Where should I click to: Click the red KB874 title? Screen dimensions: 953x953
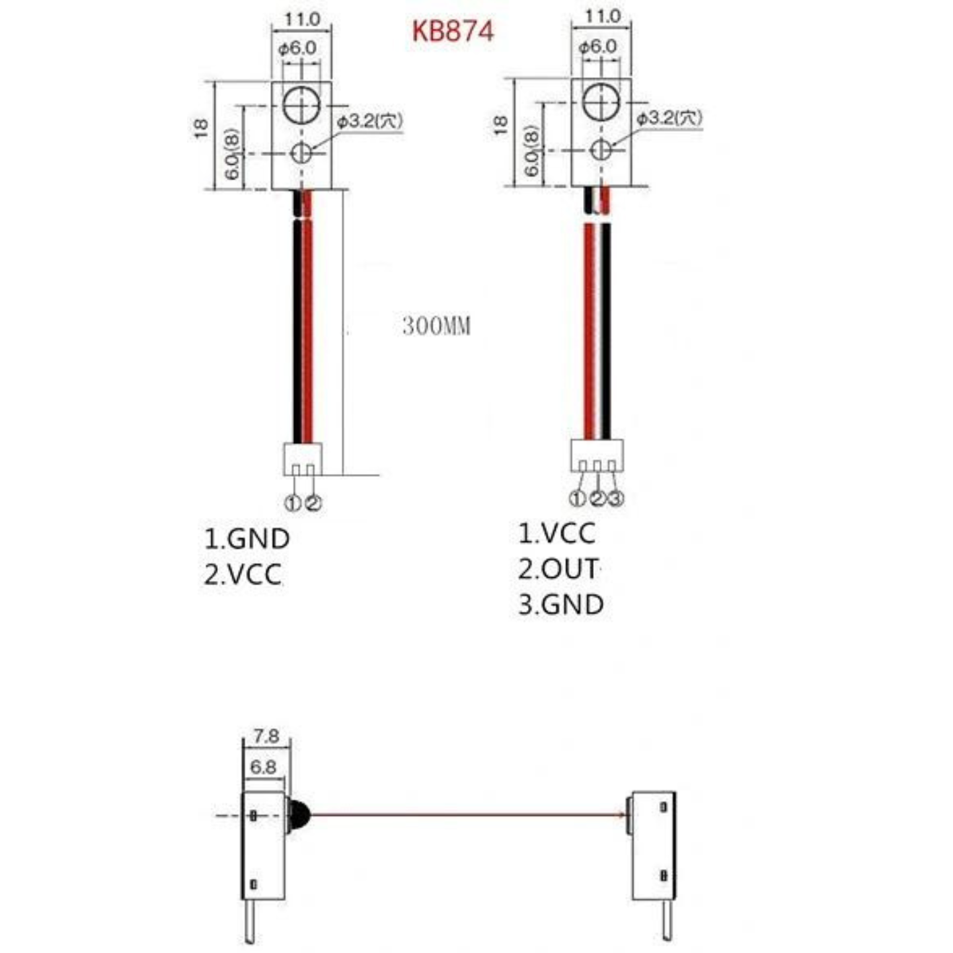click(453, 32)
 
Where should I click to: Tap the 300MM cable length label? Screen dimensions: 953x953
click(436, 326)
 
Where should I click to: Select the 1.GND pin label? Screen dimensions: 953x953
click(247, 539)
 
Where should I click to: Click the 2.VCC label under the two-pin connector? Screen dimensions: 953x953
click(243, 574)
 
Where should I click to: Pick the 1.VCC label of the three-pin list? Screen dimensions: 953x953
click(557, 533)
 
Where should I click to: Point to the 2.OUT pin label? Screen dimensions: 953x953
click(558, 569)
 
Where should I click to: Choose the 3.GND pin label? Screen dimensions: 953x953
click(561, 605)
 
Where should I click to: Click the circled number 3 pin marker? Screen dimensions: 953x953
click(615, 498)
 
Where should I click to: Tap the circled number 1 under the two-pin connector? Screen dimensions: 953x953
click(293, 504)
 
